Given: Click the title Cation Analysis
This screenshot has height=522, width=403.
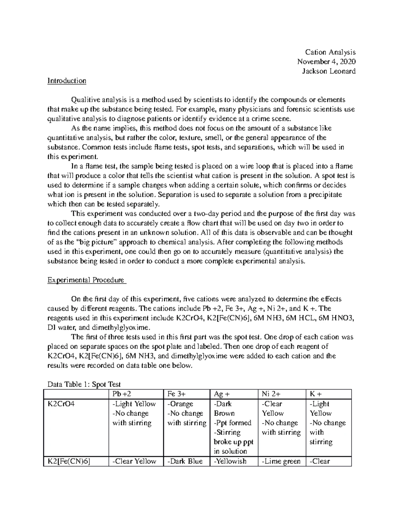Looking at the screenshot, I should click(x=330, y=52).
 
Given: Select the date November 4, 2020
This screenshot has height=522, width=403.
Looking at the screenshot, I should click(x=326, y=62).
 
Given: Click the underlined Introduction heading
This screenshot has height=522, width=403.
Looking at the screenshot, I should click(x=67, y=81).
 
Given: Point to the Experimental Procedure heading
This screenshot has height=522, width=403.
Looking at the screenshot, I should click(x=86, y=280).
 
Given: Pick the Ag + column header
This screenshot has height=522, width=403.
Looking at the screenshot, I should click(x=222, y=394).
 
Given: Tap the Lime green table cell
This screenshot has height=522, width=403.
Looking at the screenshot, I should click(x=281, y=461).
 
